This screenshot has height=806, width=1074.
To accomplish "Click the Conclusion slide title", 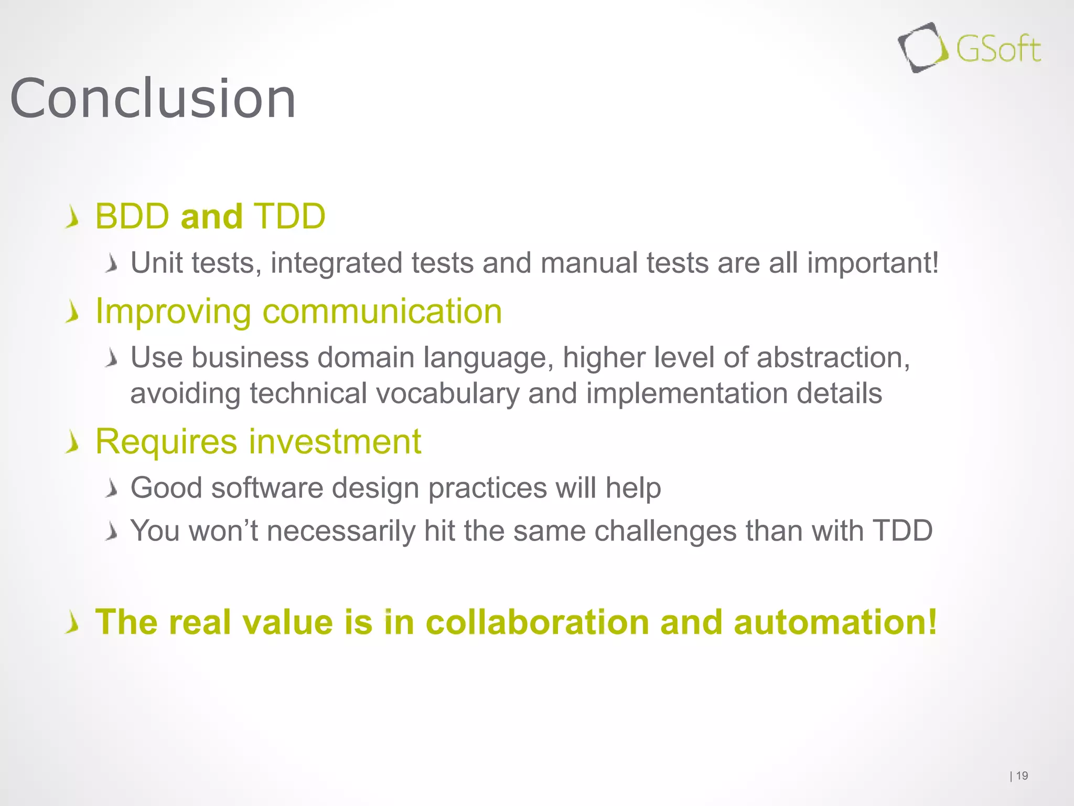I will [x=153, y=99].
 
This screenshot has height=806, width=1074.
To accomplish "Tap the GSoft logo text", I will [x=997, y=50].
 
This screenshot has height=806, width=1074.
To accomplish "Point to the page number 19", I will [x=1022, y=776].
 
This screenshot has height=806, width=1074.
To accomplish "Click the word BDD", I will [x=132, y=216].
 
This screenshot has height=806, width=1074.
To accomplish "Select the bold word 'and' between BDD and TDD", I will [x=211, y=216].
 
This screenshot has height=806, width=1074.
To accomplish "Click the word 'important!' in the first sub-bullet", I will [x=873, y=262].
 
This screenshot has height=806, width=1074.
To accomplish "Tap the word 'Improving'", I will [x=173, y=312].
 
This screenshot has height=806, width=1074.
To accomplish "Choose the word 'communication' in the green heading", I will [x=382, y=312].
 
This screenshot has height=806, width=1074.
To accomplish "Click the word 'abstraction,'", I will [x=833, y=358].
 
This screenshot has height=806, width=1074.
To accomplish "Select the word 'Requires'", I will [x=166, y=442].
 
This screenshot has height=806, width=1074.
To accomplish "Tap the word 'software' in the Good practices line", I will [x=267, y=488].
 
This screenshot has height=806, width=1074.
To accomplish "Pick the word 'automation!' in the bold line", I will [x=835, y=622].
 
